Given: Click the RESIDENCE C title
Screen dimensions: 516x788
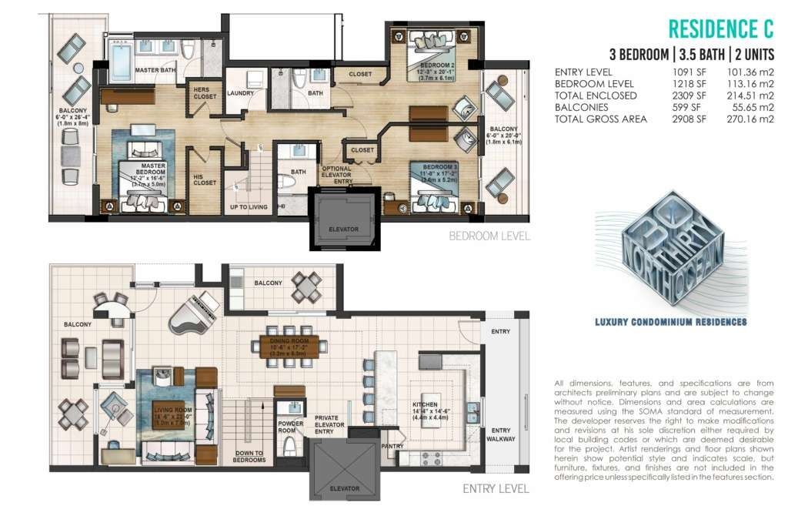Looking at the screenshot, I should (720, 29).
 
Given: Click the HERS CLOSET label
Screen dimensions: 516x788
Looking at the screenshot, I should (204, 93).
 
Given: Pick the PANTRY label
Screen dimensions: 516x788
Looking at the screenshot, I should (393, 445).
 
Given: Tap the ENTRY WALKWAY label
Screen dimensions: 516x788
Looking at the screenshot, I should (501, 434).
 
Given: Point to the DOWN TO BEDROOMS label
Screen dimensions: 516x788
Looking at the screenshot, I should (249, 456).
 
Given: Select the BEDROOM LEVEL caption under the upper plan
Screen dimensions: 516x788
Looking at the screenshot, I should (489, 236).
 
